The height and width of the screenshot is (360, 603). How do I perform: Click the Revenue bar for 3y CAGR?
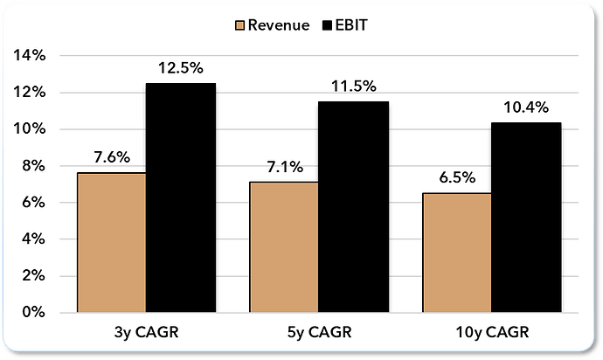(111, 242)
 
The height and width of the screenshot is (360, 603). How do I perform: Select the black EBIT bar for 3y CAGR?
(180, 197)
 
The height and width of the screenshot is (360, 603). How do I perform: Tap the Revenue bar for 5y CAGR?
(283, 246)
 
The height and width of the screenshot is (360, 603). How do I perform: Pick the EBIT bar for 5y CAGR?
(353, 206)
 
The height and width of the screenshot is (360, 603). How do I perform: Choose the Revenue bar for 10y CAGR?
(456, 253)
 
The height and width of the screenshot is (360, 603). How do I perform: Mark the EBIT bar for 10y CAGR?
(526, 217)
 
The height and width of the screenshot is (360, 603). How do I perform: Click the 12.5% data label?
(181, 67)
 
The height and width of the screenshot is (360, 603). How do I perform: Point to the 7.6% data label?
(112, 157)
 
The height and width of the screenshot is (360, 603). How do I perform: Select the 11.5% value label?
(354, 86)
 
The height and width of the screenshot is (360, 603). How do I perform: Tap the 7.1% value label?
(284, 167)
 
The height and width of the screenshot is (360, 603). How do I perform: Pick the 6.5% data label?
(457, 177)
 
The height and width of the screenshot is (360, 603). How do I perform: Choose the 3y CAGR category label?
(146, 332)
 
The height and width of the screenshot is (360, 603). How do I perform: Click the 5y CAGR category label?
(318, 332)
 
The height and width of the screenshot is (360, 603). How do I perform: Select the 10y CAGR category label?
(491, 332)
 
